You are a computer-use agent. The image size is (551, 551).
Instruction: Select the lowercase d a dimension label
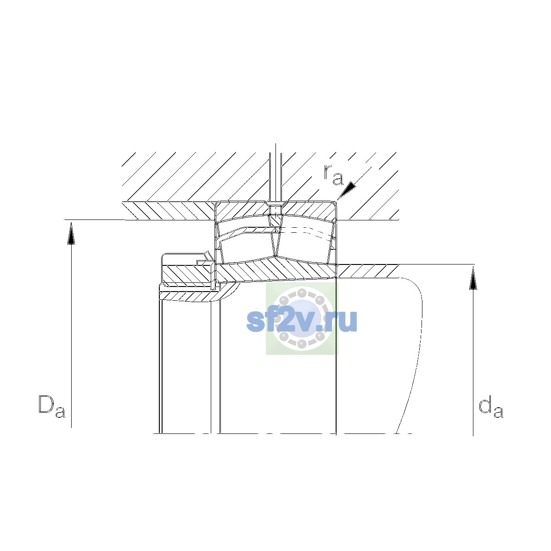(x=491, y=406)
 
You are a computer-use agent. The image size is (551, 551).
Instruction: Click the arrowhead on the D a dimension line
(x=71, y=233)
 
